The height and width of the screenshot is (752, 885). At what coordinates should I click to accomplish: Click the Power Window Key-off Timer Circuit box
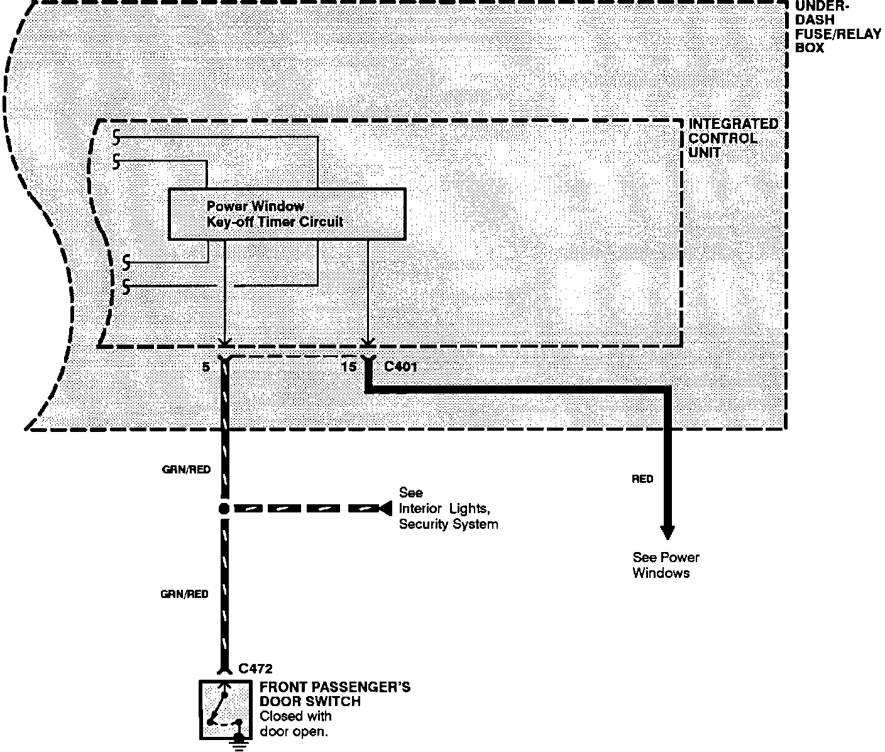tap(287, 214)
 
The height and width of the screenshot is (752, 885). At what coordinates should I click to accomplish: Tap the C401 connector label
tap(400, 367)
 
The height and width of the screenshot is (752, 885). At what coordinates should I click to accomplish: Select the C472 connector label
tap(255, 668)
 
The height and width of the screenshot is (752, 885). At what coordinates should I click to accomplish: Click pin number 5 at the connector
tap(206, 367)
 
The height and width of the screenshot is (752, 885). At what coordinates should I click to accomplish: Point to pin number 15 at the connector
tap(348, 367)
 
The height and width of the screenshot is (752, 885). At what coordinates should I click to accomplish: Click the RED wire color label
tap(642, 478)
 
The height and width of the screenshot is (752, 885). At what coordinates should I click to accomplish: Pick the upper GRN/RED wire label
tap(186, 470)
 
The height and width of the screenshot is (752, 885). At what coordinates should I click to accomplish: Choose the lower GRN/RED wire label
tap(185, 594)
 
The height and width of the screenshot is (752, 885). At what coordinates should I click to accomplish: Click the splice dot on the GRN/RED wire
tap(224, 509)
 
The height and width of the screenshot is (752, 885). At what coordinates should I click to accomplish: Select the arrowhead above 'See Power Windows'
tap(667, 533)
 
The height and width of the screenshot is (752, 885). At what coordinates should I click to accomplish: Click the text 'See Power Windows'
tap(666, 565)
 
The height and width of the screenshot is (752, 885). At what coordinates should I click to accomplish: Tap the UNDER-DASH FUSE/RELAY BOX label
tap(837, 26)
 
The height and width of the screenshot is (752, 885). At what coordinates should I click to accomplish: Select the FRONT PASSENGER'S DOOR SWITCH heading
tap(335, 694)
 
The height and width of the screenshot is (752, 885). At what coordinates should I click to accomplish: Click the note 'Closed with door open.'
tap(295, 723)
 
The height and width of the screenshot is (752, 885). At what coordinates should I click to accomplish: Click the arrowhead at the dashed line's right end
tap(385, 509)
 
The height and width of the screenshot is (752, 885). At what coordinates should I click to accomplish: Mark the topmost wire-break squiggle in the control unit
tap(116, 138)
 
